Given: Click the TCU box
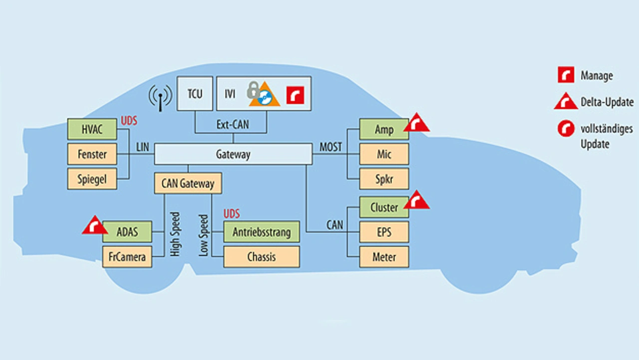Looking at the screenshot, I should [195, 93].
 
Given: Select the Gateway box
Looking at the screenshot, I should [233, 154].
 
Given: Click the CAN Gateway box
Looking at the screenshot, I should [188, 184].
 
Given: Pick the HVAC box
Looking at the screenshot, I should [92, 130].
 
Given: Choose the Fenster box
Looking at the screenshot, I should [92, 154].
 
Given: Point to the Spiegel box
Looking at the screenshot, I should [92, 179].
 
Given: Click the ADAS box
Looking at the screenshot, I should [127, 232].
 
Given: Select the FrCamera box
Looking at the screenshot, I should [127, 257].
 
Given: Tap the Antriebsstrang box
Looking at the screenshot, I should [262, 232].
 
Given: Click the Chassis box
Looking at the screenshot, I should [262, 257].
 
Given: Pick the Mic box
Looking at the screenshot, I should [384, 154].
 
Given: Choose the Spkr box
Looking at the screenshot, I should [384, 179].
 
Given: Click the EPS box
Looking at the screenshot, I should [384, 232].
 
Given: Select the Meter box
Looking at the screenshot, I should [384, 257].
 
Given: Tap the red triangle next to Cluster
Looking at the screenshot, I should [416, 201].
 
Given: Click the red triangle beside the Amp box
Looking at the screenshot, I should [416, 123].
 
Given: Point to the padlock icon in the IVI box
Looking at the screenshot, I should [253, 91].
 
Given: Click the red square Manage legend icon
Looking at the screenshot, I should [565, 76].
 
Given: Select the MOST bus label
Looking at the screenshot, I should [330, 147].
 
